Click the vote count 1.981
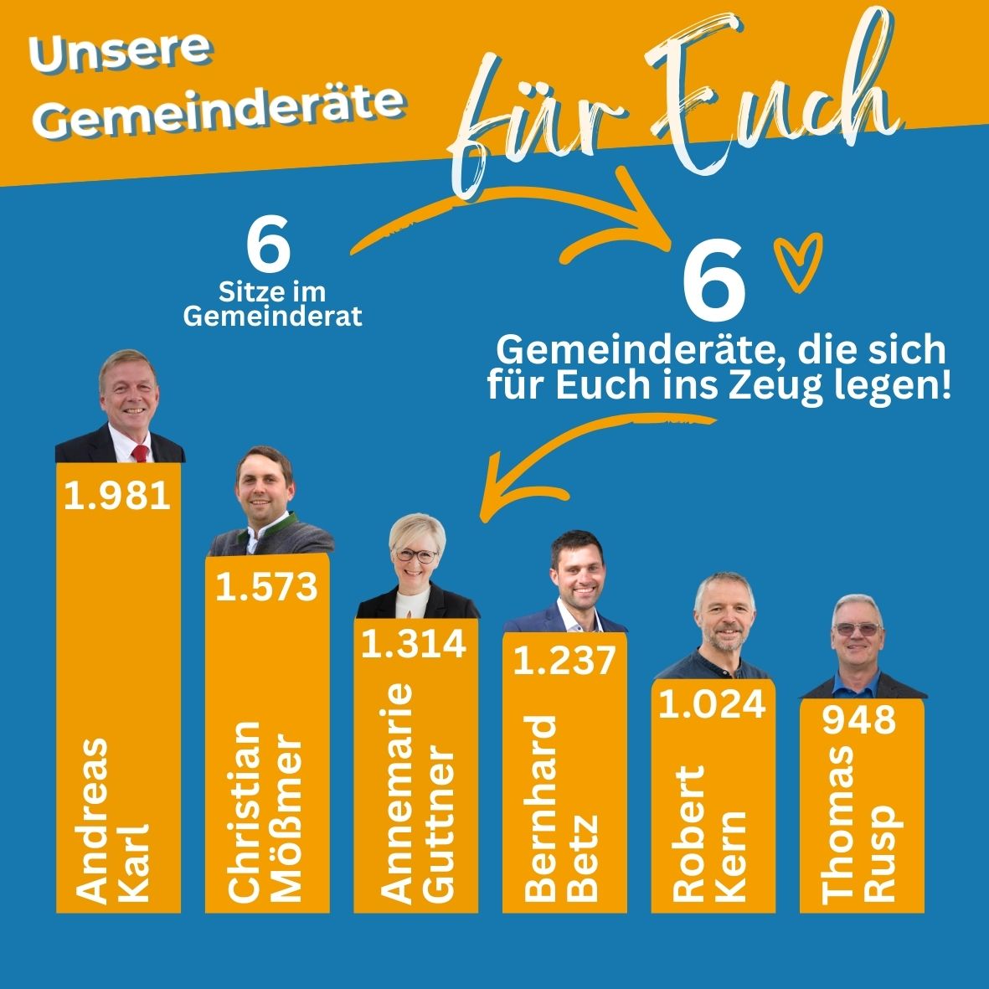coord(117,495)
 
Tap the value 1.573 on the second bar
coord(267,586)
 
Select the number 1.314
coord(414,643)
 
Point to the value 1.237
coord(564,661)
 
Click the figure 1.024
coord(713,704)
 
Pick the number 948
coord(859,719)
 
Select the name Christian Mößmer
coord(265,812)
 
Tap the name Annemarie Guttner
coord(416,793)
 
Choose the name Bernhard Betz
coord(561,808)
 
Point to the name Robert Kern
coord(709,833)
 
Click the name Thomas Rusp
coord(862,824)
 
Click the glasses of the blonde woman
coord(416,556)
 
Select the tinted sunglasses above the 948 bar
coord(858,629)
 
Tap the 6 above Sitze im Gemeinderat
coord(269,244)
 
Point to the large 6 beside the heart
coord(714,280)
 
